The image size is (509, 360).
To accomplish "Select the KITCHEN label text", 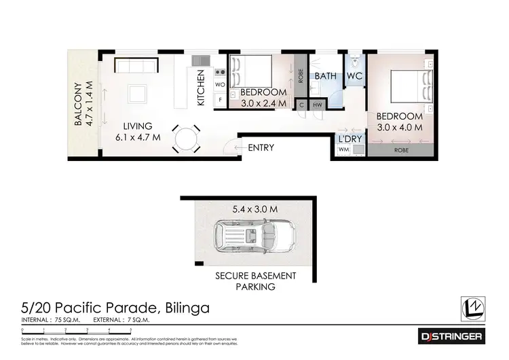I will (201, 88).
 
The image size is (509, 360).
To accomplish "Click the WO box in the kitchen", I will (220, 85).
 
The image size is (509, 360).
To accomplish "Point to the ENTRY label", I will (261, 148).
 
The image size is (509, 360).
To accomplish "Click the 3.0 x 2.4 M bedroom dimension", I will (263, 104).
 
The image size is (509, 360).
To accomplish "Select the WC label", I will (355, 76).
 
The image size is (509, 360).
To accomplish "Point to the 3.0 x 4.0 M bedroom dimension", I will (400, 126).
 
